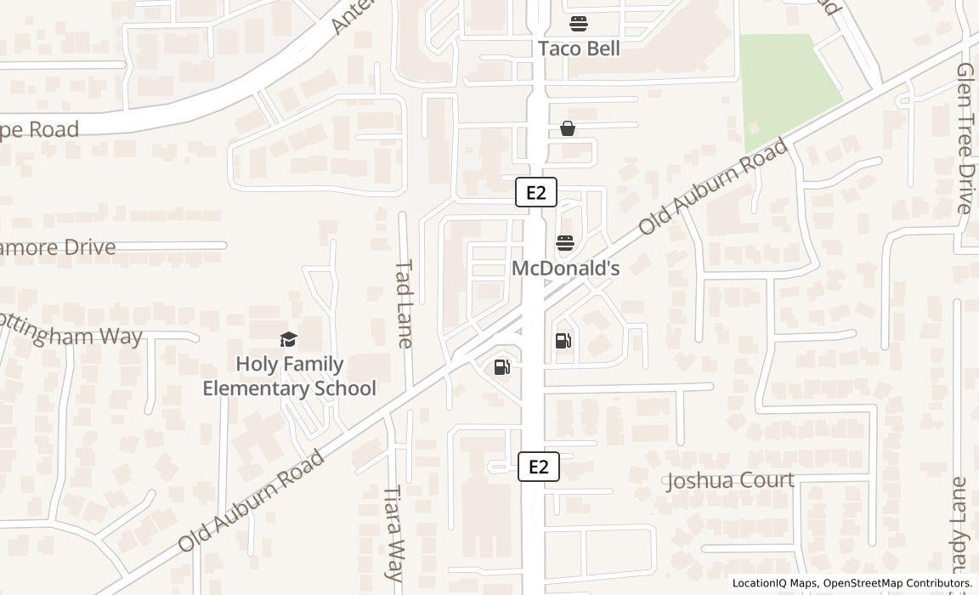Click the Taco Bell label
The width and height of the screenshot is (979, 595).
coord(579,48)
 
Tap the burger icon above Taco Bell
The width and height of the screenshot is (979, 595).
coord(579,23)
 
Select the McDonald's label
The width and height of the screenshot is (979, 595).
coord(565,269)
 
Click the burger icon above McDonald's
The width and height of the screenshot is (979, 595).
coord(565,244)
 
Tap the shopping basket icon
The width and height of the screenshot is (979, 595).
coord(568,128)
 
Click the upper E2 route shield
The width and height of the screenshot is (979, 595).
coord(536,192)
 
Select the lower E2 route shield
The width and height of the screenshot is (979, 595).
coord(539,467)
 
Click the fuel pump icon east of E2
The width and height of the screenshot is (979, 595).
coord(563,341)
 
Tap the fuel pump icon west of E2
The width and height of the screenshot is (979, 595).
coord(502,367)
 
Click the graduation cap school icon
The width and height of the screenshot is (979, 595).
coord(289,340)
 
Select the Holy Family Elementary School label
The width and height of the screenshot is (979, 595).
coord(289,377)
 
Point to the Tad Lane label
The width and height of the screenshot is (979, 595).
coord(404,303)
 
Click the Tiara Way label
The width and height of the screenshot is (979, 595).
coord(393,533)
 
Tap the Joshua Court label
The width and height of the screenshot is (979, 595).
coord(730,480)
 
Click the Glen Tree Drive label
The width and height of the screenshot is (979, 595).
coord(965,138)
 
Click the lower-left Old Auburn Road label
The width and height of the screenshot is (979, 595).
coord(252,501)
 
